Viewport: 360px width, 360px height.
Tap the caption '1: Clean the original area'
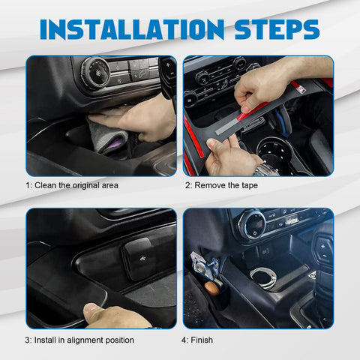(x=72, y=184)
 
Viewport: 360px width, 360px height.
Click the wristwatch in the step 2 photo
(x=266, y=170)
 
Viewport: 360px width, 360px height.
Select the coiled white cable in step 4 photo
(x=262, y=276)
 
